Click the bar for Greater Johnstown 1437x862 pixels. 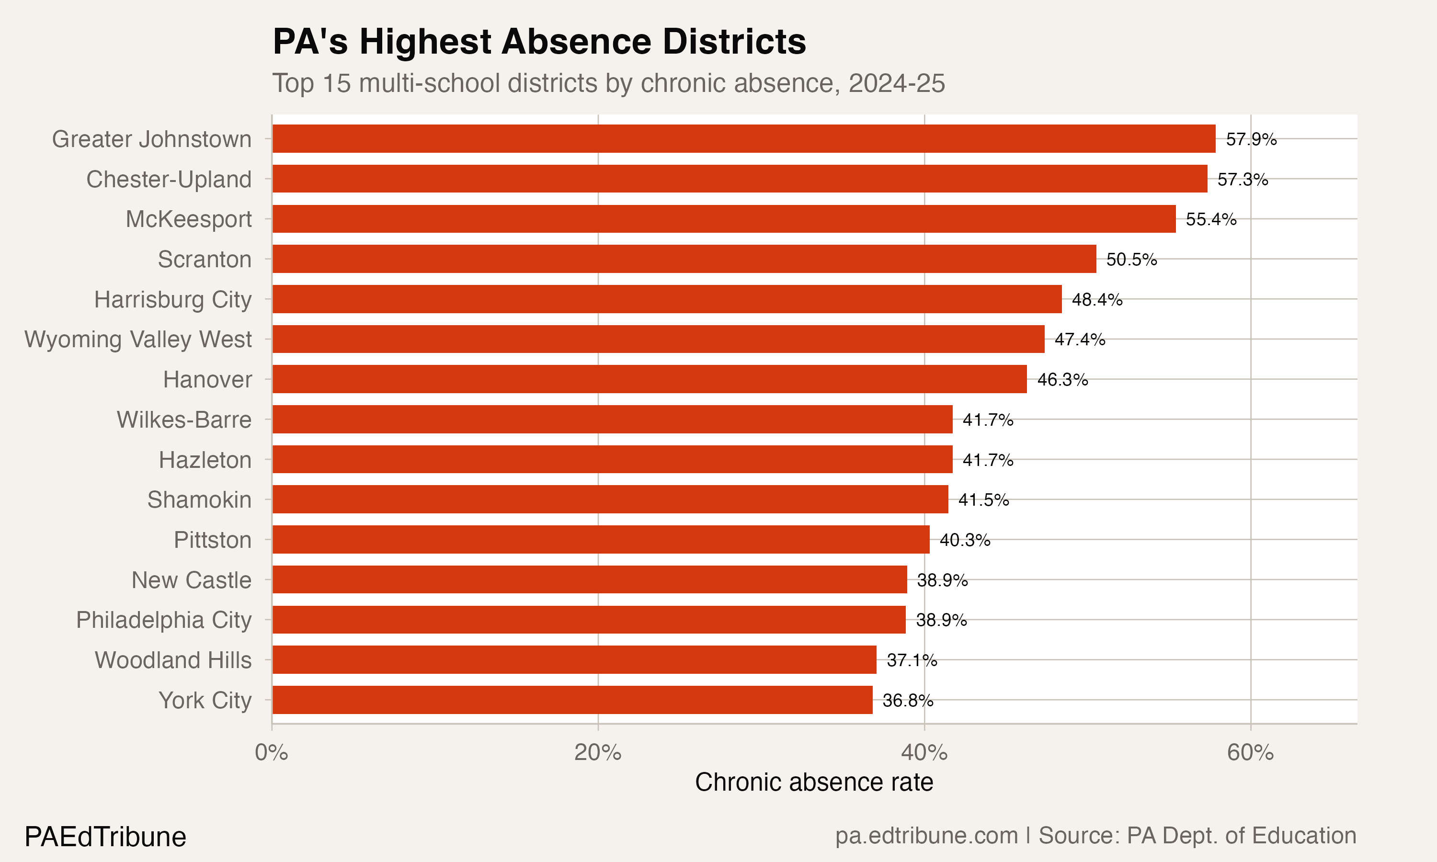click(743, 139)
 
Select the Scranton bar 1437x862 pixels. click(684, 259)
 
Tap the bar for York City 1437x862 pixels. click(572, 700)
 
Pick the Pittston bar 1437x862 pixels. click(601, 540)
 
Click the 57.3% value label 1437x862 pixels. click(1243, 180)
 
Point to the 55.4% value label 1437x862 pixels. click(1211, 219)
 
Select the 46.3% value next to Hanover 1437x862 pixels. click(1062, 380)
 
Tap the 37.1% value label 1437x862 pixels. click(912, 660)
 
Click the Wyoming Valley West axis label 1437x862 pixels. click(138, 339)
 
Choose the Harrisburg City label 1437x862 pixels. click(173, 300)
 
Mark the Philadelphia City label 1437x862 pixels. click(164, 620)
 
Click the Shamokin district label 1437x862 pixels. click(199, 499)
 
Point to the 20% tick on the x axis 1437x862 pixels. click(598, 753)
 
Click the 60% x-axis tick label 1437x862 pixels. click(1250, 753)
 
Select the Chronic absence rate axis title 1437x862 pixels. click(814, 783)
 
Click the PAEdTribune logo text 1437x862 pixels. click(105, 837)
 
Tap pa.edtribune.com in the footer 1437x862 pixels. click(926, 836)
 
